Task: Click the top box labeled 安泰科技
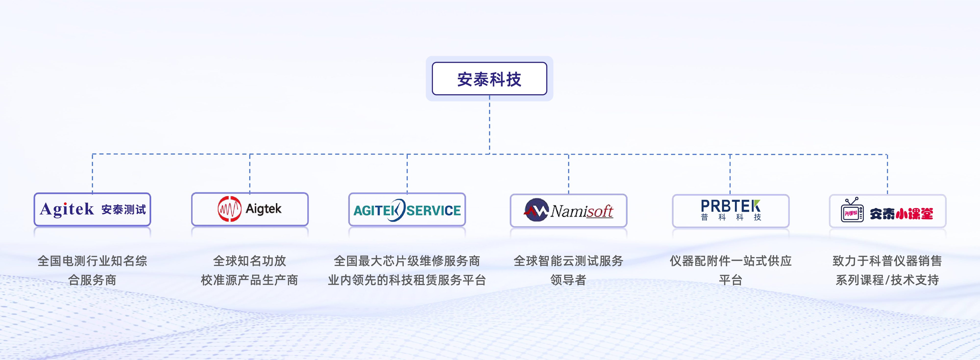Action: pos(489,79)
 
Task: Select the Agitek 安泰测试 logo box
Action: pos(92,209)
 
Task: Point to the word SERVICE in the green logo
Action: pos(434,211)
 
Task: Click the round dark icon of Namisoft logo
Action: pos(536,210)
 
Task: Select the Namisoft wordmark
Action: pos(582,211)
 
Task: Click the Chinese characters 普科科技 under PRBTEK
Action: pos(730,217)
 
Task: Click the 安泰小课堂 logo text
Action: pos(901,214)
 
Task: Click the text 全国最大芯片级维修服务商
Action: pos(407,261)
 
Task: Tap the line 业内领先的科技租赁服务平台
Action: pos(407,280)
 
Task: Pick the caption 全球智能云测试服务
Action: pos(568,261)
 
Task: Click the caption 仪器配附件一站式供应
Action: pos(730,261)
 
